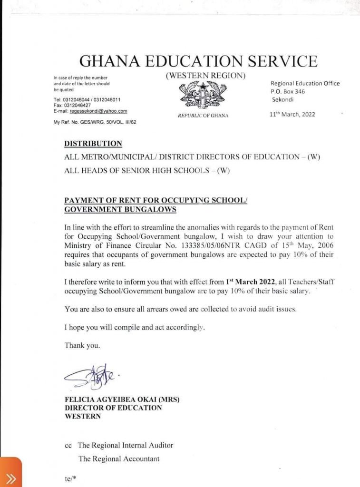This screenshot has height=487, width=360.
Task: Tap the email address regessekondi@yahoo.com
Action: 98,111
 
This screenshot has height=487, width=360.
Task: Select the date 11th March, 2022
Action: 292,114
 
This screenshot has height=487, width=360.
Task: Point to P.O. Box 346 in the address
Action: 288,91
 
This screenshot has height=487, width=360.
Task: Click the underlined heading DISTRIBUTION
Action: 93,144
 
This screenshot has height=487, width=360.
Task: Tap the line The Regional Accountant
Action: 119,459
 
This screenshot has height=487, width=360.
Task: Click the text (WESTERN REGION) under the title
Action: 205,76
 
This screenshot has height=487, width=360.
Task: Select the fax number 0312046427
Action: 76,105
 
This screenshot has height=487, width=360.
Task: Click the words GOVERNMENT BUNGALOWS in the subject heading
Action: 120,209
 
